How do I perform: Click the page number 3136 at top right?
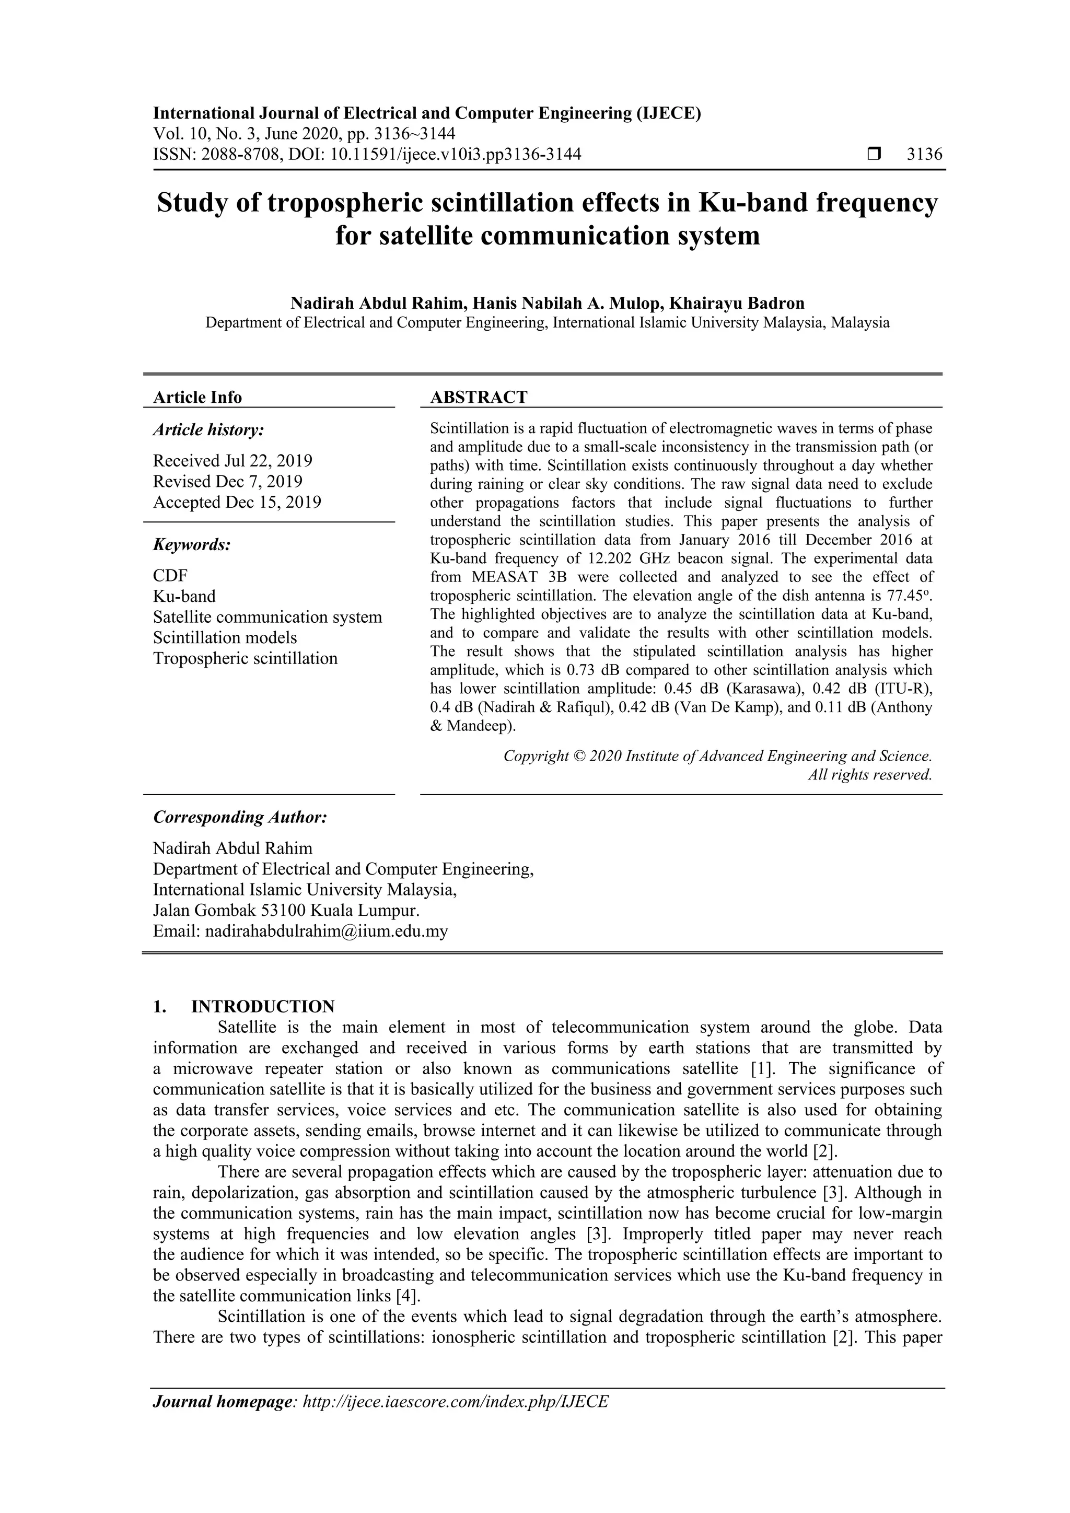(x=924, y=154)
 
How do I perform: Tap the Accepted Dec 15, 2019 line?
(x=237, y=502)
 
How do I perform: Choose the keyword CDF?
(x=170, y=575)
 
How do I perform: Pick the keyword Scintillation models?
(x=225, y=637)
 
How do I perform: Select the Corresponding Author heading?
(x=240, y=817)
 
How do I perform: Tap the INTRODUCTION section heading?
(x=262, y=1006)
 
